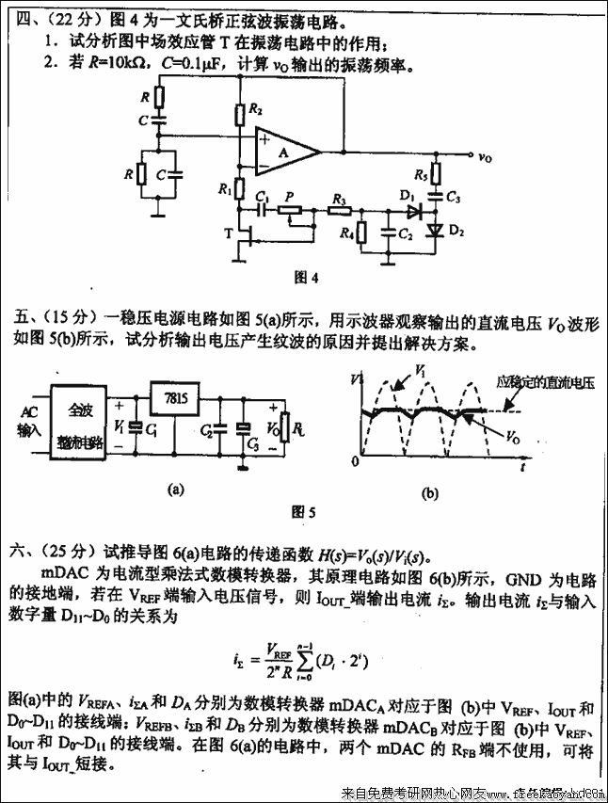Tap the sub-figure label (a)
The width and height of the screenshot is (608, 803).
tap(175, 490)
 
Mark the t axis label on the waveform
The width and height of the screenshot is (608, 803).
tap(520, 466)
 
